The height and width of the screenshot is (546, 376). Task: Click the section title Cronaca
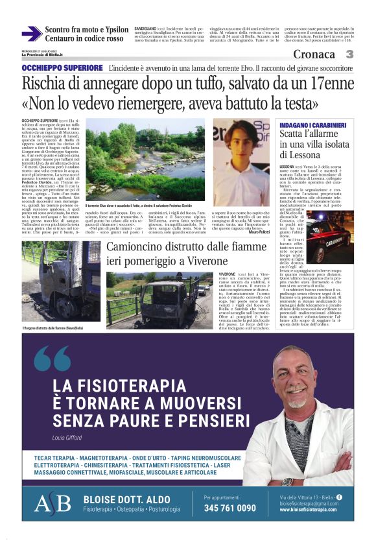pos(314,54)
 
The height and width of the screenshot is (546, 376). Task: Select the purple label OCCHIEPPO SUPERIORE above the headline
pos(62,67)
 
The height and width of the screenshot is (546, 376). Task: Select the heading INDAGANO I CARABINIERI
pos(312,124)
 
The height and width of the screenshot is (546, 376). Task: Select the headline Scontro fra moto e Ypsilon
pos(87,30)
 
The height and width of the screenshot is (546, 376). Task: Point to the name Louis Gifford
pos(67,438)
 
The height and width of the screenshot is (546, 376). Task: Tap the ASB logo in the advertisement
pos(53,504)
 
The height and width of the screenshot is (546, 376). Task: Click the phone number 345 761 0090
pos(229,508)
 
